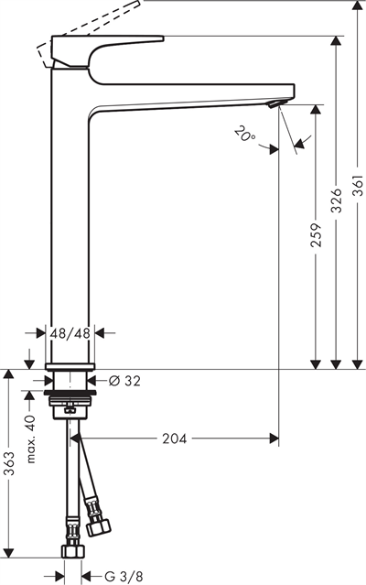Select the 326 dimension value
coord(337,200)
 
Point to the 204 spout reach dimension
coord(174,439)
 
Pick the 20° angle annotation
coord(244,137)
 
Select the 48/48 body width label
coord(70,334)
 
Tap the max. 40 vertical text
coord(30,439)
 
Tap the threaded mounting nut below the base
coord(70,398)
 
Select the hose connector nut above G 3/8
coord(71,551)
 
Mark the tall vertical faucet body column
coord(70,211)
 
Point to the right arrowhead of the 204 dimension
coord(274,439)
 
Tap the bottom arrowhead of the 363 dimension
coord(10,555)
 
